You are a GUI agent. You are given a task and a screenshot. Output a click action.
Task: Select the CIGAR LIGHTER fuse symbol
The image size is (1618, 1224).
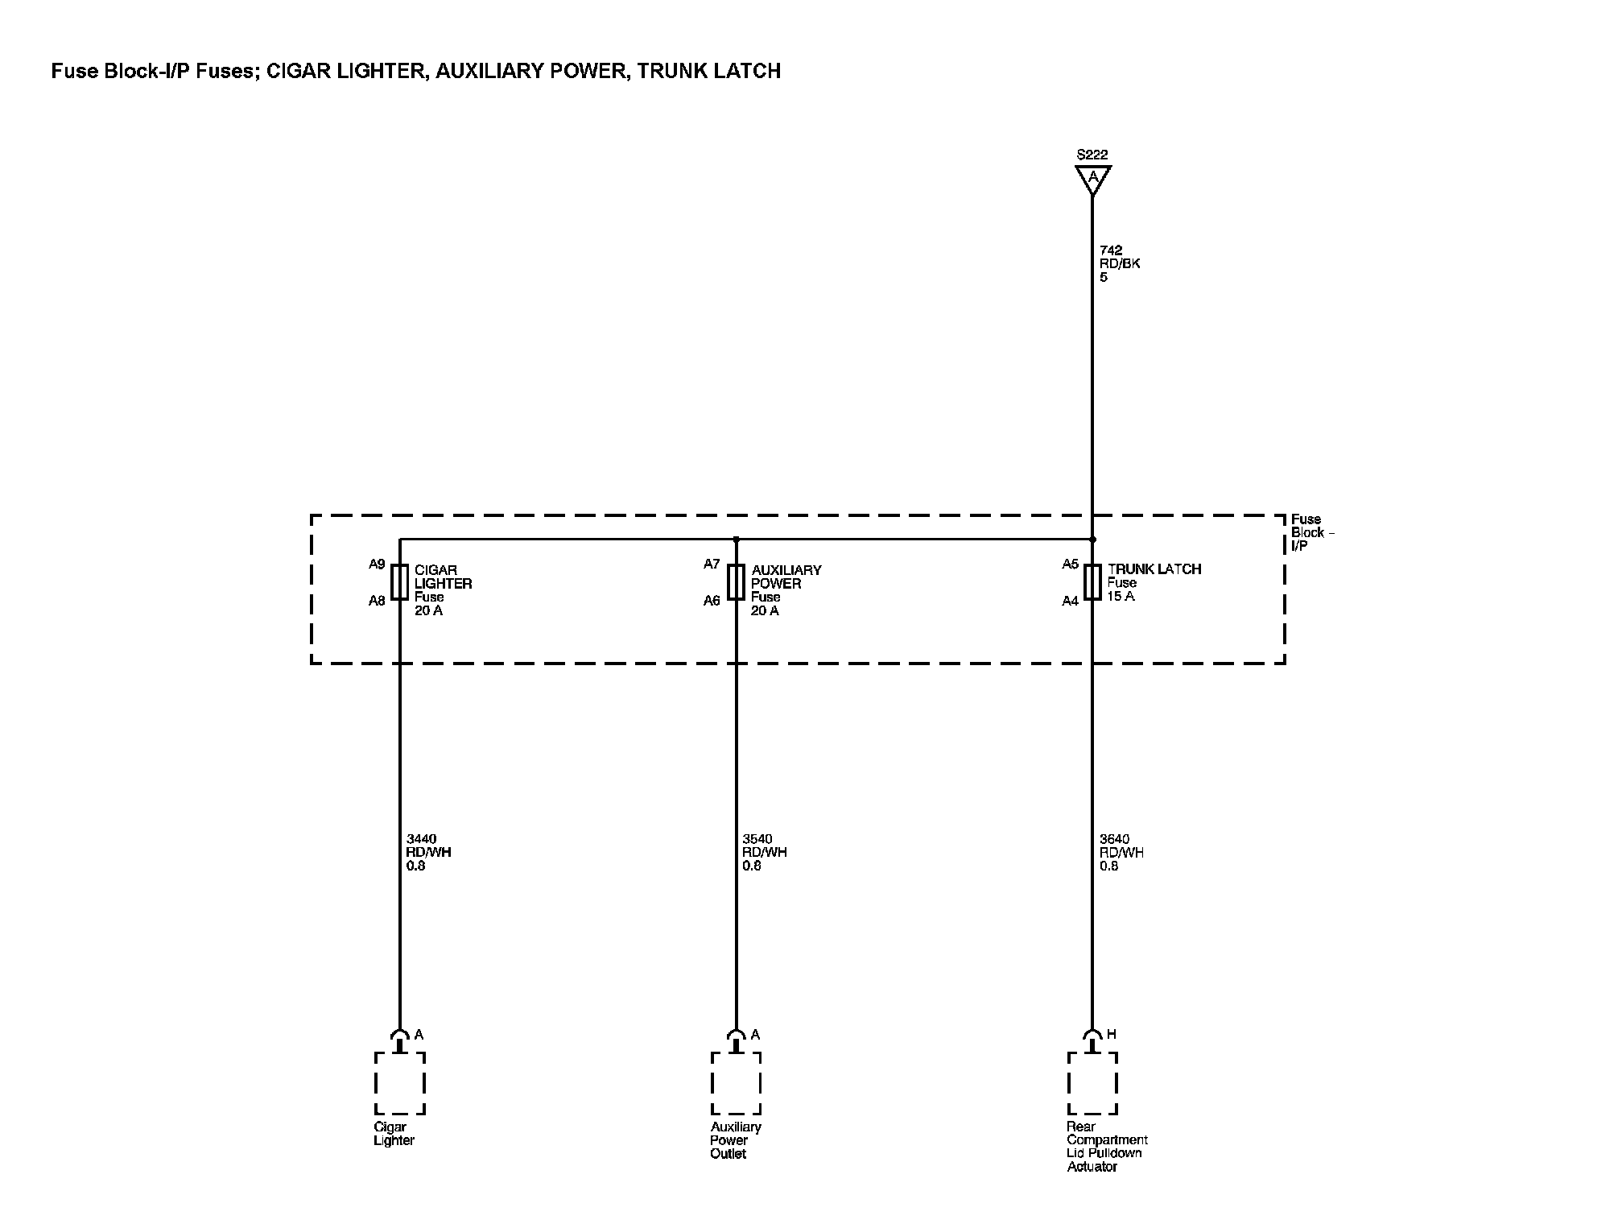pyautogui.click(x=399, y=582)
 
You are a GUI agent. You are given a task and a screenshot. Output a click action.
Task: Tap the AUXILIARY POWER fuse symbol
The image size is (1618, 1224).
pyautogui.click(x=736, y=582)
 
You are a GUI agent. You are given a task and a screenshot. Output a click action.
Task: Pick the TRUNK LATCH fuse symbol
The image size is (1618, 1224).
pyautogui.click(x=1092, y=582)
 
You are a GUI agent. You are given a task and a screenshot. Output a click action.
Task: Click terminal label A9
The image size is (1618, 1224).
pyautogui.click(x=377, y=564)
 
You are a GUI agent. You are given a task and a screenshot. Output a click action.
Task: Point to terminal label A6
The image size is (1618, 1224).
pyautogui.click(x=712, y=601)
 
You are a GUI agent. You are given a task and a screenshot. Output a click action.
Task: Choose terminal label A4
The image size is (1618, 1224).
pyautogui.click(x=1070, y=601)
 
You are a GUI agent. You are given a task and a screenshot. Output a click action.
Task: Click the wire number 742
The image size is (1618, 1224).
pyautogui.click(x=1111, y=250)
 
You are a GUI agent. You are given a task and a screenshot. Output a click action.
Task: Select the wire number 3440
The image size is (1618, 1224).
pyautogui.click(x=421, y=839)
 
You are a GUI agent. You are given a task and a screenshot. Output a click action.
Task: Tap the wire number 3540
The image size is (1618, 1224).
pyautogui.click(x=757, y=839)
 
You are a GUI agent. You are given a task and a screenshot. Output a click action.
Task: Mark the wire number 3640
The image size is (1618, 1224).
pyautogui.click(x=1115, y=839)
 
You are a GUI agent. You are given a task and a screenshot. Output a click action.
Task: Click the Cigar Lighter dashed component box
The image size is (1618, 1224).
pyautogui.click(x=399, y=1083)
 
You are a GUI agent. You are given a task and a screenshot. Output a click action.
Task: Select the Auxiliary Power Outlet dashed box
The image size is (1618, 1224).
pyautogui.click(x=736, y=1083)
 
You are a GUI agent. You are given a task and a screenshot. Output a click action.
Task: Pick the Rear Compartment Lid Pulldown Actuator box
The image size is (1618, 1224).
pyautogui.click(x=1092, y=1083)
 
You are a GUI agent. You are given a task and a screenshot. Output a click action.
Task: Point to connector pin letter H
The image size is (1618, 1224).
pyautogui.click(x=1112, y=1034)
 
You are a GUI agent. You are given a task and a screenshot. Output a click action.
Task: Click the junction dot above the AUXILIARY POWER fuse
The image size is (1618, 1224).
pyautogui.click(x=736, y=540)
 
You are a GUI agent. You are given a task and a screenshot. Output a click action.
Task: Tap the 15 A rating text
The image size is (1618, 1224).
pyautogui.click(x=1121, y=597)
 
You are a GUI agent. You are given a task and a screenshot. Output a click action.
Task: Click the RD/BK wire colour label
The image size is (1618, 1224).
pyautogui.click(x=1120, y=263)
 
